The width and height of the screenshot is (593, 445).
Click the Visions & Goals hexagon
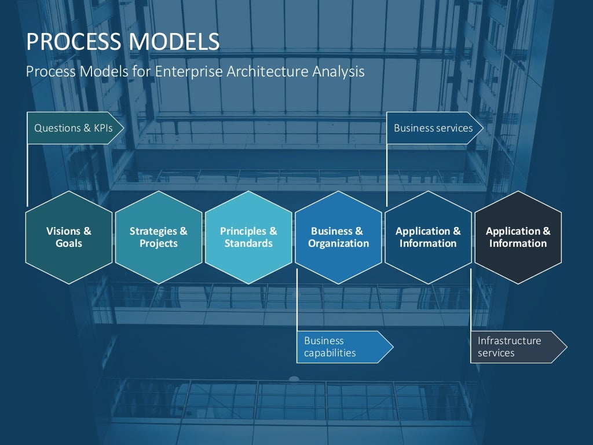pos(69,238)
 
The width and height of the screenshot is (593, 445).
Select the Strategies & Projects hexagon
pos(159,238)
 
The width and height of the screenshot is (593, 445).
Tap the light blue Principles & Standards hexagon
pos(248,238)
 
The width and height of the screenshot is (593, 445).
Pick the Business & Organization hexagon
pos(338,238)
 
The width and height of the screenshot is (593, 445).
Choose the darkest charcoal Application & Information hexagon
pos(518,238)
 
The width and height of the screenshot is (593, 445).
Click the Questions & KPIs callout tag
pos(74,128)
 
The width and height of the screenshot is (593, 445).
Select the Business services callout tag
pos(434,128)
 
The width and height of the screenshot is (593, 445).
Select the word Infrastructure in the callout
pos(509,341)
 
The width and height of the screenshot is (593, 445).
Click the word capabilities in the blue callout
pos(330,353)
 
